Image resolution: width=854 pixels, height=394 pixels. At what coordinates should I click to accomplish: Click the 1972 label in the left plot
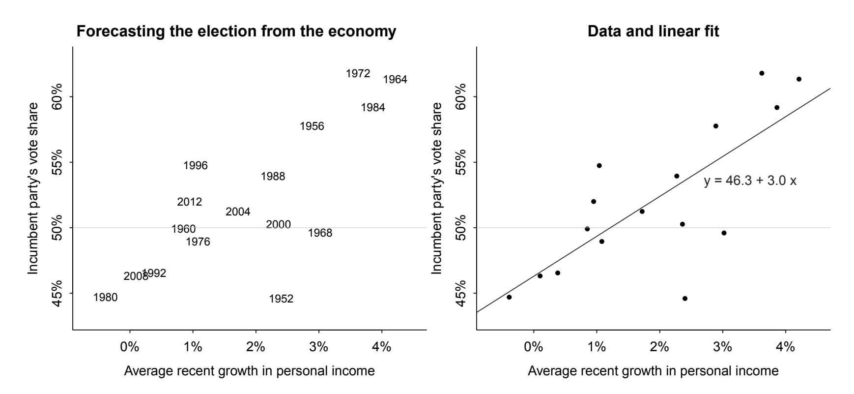point(358,74)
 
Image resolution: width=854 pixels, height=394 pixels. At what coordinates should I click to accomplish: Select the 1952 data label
point(281,299)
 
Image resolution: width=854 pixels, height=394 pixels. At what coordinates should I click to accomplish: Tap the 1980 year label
point(105,297)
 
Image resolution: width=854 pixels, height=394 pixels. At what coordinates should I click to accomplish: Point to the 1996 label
point(196,166)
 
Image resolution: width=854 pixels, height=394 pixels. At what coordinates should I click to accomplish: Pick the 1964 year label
point(395,80)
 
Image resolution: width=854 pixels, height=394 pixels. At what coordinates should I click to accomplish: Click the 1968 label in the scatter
point(320,233)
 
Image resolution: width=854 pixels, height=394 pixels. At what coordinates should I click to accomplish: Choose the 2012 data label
point(189,202)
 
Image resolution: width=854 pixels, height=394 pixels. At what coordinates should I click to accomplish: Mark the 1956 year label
point(312,126)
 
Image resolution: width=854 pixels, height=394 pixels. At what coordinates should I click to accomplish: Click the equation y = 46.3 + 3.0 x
point(750,181)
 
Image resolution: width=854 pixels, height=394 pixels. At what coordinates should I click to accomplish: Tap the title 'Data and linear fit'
point(653,31)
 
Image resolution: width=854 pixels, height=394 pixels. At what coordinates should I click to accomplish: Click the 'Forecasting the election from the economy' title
point(236,31)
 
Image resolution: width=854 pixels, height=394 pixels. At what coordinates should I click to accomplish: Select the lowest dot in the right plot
point(685,299)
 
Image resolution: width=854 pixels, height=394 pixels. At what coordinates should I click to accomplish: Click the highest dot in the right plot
point(762,73)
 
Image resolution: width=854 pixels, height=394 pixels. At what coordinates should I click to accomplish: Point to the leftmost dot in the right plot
point(509,297)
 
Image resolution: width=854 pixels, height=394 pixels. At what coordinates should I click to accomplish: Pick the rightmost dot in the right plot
point(799,79)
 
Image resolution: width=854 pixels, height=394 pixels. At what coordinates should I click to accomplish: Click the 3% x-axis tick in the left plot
point(318,347)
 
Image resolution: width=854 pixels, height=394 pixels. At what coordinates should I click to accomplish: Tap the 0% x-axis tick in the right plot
point(534,347)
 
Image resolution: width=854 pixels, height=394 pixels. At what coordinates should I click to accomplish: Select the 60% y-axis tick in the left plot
point(57,96)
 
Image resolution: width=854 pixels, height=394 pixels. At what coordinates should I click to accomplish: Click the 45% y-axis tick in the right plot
point(461,293)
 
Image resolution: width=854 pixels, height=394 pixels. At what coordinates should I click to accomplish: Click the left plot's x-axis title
point(249,371)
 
